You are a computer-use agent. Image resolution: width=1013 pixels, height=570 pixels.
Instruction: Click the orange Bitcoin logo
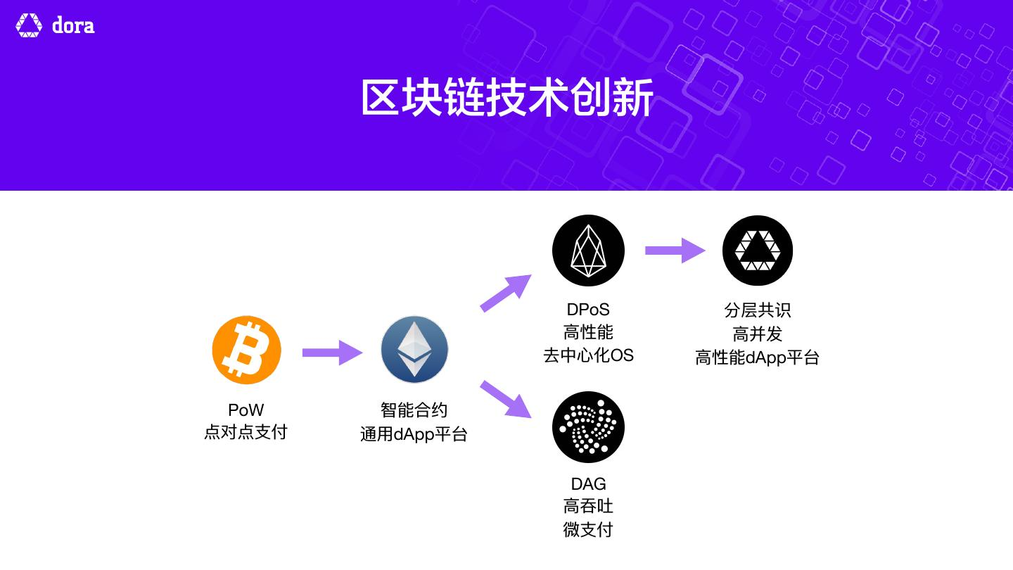click(x=246, y=350)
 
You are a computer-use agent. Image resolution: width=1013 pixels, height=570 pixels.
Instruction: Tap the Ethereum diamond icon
click(x=414, y=350)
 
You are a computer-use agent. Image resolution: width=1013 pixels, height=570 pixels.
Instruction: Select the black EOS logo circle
click(x=588, y=251)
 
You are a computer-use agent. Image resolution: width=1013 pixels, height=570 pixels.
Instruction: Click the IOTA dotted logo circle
click(x=588, y=427)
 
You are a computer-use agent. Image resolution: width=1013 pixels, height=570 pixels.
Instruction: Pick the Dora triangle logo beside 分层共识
click(x=758, y=251)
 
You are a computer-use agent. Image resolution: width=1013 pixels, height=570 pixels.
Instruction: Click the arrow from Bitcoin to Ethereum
click(x=332, y=352)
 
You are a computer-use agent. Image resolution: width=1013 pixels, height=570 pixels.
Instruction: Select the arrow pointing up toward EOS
click(x=506, y=292)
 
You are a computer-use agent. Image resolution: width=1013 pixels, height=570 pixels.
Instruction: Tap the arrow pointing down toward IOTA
click(x=506, y=399)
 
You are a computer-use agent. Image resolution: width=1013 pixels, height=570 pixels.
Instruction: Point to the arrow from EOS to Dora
click(x=675, y=250)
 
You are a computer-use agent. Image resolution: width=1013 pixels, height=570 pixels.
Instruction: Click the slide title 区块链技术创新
click(x=507, y=98)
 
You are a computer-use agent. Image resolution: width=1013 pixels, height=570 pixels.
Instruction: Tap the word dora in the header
click(x=73, y=26)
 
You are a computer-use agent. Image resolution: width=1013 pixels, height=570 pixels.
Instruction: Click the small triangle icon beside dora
click(x=29, y=25)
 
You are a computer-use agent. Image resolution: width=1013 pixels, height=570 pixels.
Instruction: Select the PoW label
click(x=246, y=410)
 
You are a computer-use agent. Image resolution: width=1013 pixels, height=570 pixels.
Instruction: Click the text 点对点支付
click(x=246, y=432)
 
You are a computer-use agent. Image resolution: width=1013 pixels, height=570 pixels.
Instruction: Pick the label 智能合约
click(x=414, y=410)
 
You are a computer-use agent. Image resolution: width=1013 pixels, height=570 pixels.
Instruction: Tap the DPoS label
click(x=588, y=310)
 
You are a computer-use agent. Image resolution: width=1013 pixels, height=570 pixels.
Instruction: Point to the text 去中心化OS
click(x=588, y=355)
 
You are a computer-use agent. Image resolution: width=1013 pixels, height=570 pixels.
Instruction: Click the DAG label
click(x=588, y=484)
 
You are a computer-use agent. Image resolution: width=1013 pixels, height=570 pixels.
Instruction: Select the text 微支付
click(x=588, y=529)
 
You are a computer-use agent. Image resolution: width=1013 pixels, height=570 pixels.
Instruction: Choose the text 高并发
click(x=758, y=334)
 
